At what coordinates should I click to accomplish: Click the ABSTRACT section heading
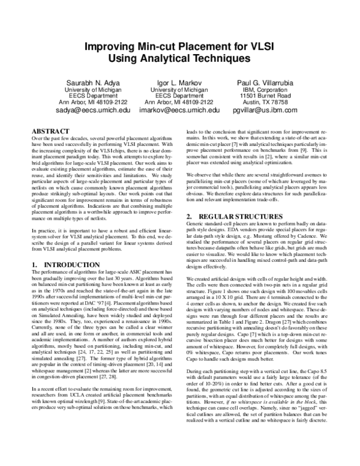coord(49,130)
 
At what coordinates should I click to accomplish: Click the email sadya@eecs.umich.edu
coord(72,110)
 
